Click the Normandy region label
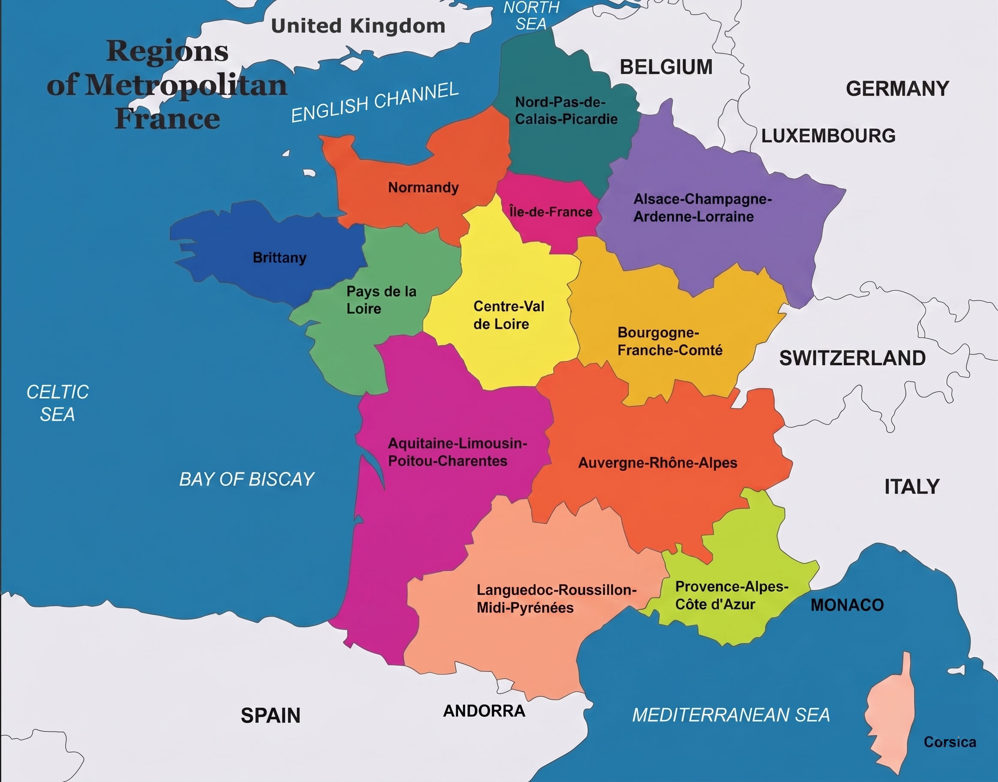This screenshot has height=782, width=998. pyautogui.click(x=423, y=187)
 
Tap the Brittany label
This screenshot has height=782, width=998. pyautogui.click(x=279, y=257)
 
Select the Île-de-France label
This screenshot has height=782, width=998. pyautogui.click(x=551, y=212)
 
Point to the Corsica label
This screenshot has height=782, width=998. pyautogui.click(x=950, y=742)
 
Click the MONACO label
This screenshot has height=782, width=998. pyautogui.click(x=847, y=605)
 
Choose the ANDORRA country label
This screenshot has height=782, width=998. pyautogui.click(x=484, y=711)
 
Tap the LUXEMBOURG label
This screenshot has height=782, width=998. pyautogui.click(x=828, y=136)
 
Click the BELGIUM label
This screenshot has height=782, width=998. pyautogui.click(x=666, y=67)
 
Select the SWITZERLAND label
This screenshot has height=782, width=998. pyautogui.click(x=852, y=358)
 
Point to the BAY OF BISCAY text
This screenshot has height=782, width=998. pyautogui.click(x=246, y=479)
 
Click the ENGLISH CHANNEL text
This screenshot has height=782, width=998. pyautogui.click(x=375, y=102)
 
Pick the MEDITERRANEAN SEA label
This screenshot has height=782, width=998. pyautogui.click(x=730, y=715)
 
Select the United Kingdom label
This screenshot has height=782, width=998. pyautogui.click(x=358, y=26)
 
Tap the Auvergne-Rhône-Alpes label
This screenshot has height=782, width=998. pyautogui.click(x=657, y=463)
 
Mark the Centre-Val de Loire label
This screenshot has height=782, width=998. pyautogui.click(x=508, y=315)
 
